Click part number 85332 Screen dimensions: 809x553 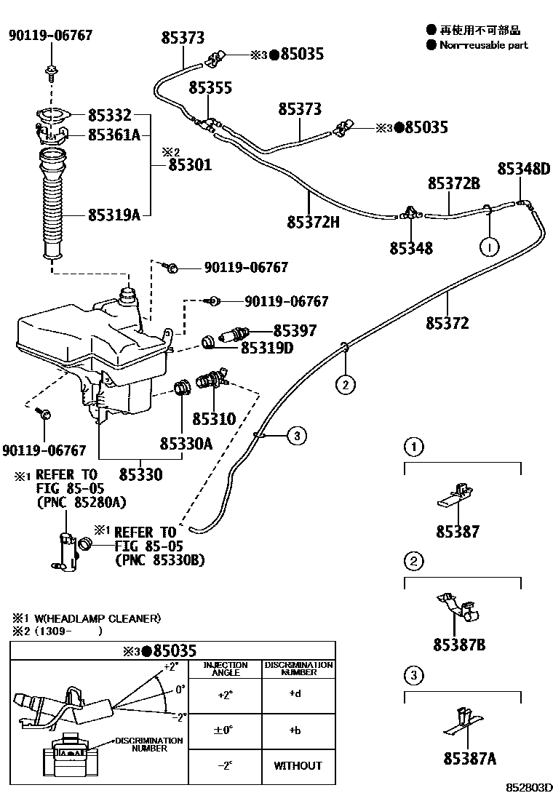109,115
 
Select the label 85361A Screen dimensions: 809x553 114,134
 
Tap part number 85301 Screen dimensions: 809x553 190,165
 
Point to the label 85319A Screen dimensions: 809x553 114,215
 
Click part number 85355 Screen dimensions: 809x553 210,88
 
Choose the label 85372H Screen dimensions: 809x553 313,221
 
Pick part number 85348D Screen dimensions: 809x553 524,169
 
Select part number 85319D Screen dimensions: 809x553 267,348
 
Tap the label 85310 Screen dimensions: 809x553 214,419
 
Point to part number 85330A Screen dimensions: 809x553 186,443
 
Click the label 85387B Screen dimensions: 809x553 459,645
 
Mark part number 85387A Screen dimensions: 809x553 469,759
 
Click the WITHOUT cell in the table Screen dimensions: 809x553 298,765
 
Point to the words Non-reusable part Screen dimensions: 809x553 484,45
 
